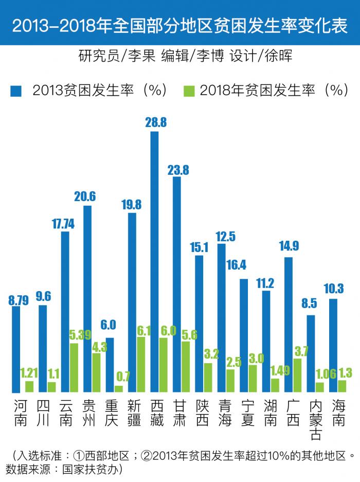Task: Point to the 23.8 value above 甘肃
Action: point(178,169)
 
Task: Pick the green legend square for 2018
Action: point(189,91)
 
